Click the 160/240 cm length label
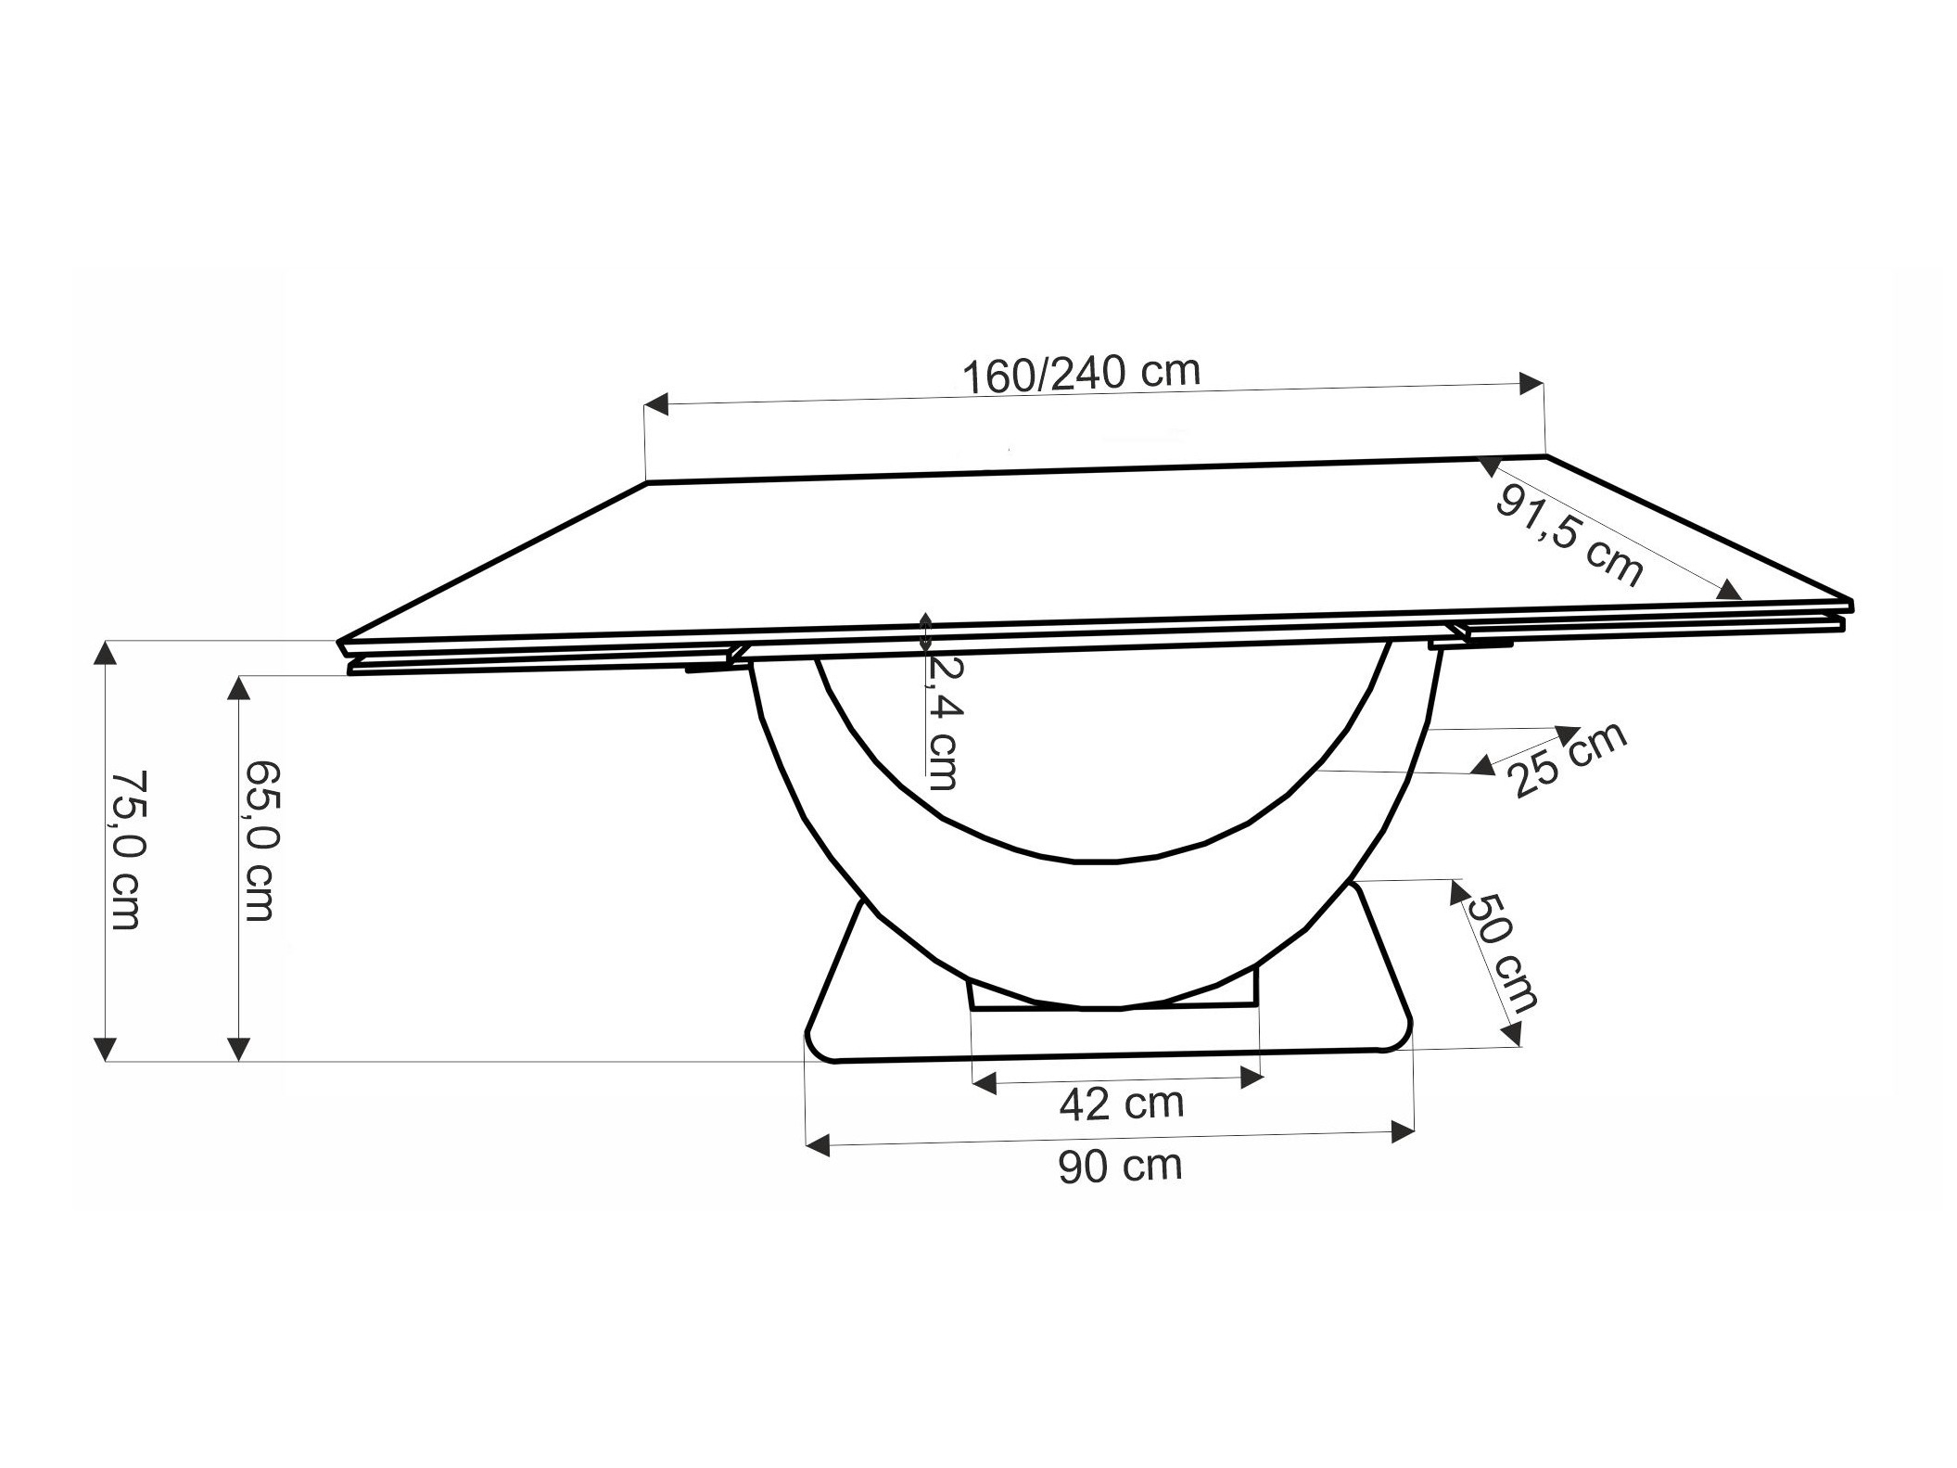[x=1081, y=374]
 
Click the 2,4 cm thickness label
[x=944, y=721]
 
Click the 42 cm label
[x=1122, y=1104]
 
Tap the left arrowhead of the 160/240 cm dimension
[x=655, y=404]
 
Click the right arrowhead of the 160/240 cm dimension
[x=1531, y=383]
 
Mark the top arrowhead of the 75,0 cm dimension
[x=106, y=653]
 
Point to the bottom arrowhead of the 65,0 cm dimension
[x=239, y=1049]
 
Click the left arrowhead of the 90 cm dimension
[x=817, y=1147]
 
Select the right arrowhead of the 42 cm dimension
[x=1252, y=1078]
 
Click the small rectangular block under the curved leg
[x=1112, y=998]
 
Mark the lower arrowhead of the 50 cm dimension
[x=1513, y=1033]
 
